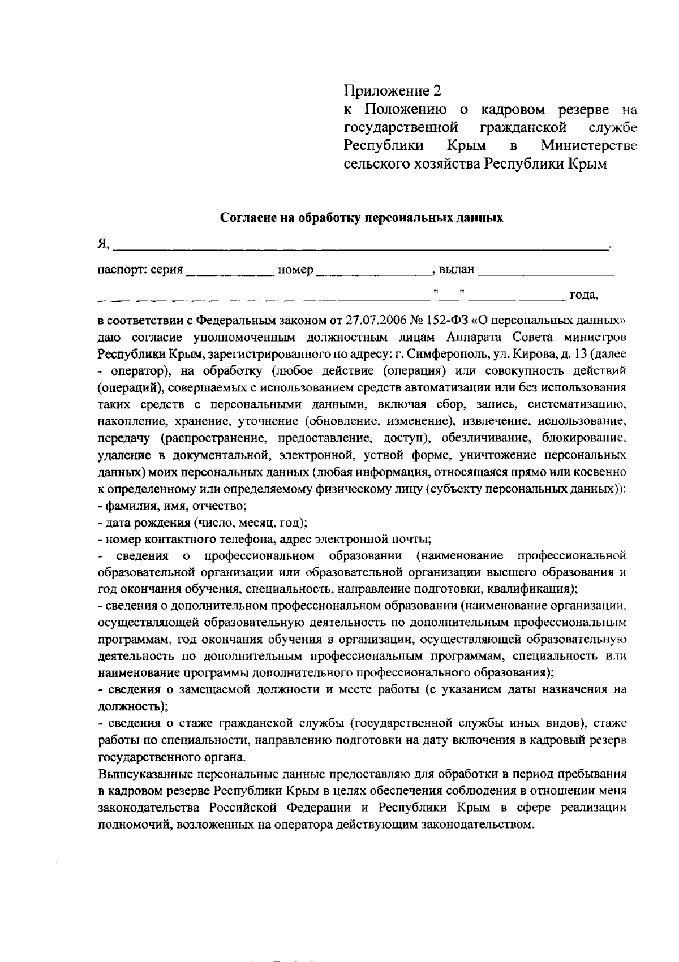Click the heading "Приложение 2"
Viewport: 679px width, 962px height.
392,90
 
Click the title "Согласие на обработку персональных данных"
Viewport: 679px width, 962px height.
361,218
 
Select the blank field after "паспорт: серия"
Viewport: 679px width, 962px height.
229,270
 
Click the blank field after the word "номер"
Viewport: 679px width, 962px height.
372,270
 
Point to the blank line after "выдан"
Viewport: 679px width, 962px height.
545,270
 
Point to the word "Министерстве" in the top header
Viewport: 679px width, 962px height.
588,145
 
